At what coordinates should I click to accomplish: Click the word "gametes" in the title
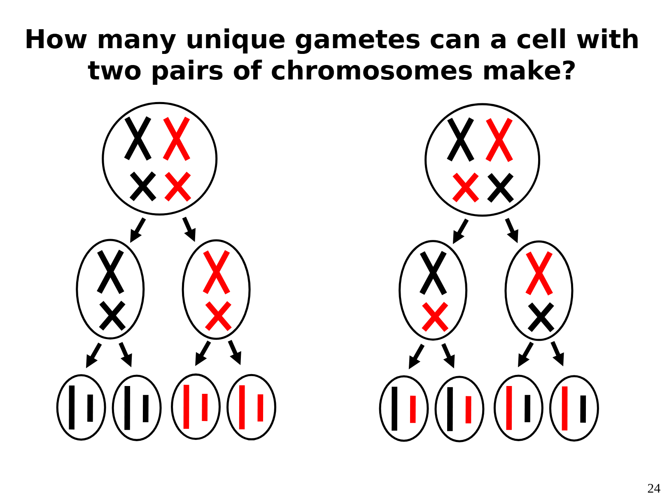(357, 40)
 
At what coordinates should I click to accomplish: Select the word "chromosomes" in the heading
(371, 71)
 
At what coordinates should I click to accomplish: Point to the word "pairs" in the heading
(187, 71)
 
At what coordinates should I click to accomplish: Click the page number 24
(654, 488)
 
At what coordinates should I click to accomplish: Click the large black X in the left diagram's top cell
(138, 138)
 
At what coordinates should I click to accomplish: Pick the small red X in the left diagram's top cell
(177, 186)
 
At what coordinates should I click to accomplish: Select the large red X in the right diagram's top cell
(499, 140)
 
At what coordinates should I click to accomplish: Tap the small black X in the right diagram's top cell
(500, 188)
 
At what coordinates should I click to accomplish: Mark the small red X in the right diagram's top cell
(465, 188)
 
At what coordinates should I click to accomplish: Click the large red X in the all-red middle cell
(216, 272)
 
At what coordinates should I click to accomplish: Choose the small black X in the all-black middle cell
(112, 316)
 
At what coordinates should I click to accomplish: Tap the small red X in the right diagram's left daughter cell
(435, 317)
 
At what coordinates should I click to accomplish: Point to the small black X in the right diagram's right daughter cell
(541, 318)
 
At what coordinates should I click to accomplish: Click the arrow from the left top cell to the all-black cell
(138, 230)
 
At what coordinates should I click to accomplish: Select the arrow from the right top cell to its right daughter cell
(512, 230)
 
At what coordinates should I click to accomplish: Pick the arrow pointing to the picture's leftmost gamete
(93, 356)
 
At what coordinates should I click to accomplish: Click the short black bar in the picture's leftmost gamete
(90, 408)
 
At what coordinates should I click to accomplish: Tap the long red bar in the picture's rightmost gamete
(564, 408)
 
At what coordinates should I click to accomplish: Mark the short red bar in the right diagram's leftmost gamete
(413, 409)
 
